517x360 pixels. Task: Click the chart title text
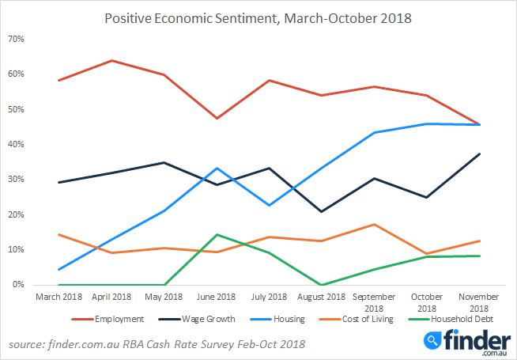point(258,17)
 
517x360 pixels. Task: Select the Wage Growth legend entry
point(210,319)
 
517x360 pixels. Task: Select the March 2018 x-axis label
point(59,297)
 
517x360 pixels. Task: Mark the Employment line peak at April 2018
point(112,60)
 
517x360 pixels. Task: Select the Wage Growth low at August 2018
point(321,211)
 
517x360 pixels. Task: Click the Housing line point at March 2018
point(59,269)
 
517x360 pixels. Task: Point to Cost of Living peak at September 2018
point(374,224)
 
